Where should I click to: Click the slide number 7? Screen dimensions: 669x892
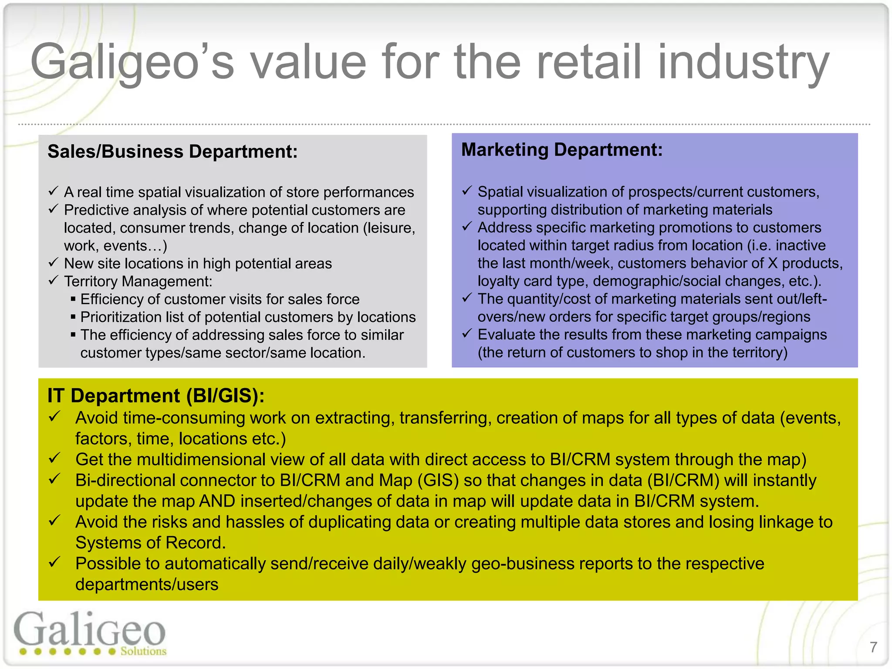(873, 647)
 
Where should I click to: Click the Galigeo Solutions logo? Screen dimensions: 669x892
(90, 634)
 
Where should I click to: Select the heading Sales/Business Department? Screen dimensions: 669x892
(172, 152)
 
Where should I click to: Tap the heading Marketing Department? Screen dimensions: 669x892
(562, 150)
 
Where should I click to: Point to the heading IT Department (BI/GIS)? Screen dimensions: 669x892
(156, 395)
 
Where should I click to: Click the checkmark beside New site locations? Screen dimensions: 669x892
(53, 262)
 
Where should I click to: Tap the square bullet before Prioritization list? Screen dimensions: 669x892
(73, 317)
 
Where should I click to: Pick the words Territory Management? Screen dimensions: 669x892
(138, 281)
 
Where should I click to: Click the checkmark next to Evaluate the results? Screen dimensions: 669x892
(467, 334)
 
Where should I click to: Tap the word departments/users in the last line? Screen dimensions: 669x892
(147, 585)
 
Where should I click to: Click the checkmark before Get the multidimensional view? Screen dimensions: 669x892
(54, 458)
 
